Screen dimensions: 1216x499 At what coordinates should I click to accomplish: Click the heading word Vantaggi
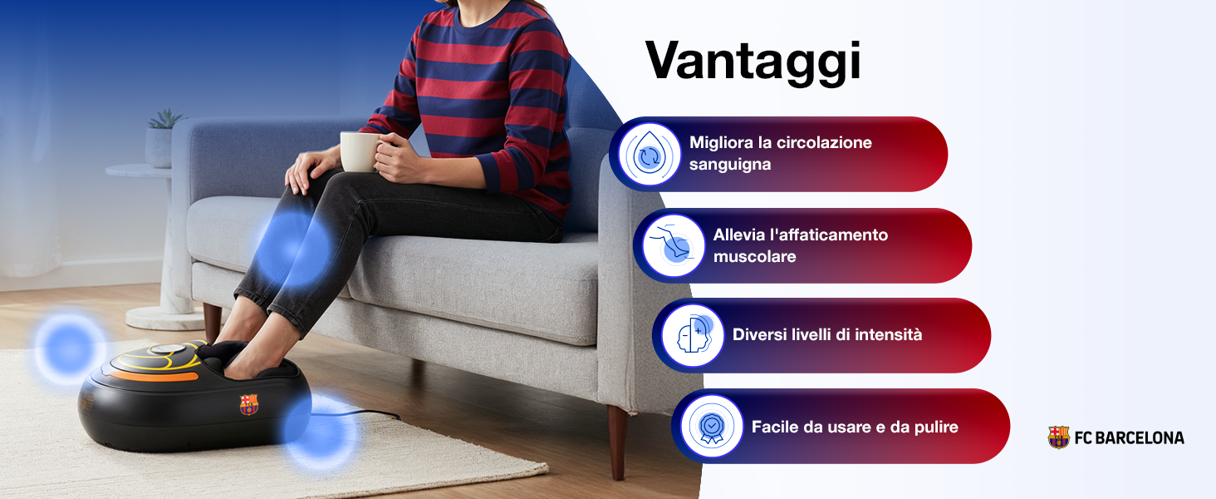click(753, 62)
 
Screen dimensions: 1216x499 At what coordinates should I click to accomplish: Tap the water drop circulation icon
click(650, 155)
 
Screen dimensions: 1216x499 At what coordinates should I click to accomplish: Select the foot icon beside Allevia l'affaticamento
click(673, 245)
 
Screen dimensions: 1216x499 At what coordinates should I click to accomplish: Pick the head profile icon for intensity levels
click(693, 335)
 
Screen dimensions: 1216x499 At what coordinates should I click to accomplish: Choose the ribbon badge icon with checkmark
click(712, 426)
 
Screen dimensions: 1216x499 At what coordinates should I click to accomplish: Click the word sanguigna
click(730, 165)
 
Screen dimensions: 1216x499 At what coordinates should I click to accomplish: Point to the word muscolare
click(754, 256)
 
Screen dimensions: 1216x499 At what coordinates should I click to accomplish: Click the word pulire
click(936, 427)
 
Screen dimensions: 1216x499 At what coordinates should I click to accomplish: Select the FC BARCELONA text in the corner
click(1130, 438)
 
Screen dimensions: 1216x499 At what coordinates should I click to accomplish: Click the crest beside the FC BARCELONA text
click(1058, 437)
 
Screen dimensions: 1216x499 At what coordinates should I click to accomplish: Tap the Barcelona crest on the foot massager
click(249, 404)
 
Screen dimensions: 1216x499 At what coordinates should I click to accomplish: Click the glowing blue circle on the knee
click(293, 249)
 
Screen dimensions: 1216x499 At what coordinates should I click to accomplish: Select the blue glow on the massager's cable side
click(321, 432)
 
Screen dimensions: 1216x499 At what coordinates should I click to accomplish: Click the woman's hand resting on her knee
click(311, 170)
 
